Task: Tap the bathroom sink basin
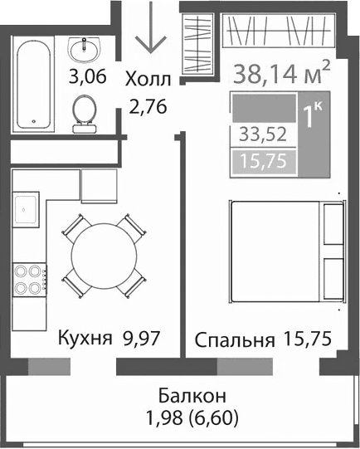click(x=84, y=51)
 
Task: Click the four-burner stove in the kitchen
click(x=27, y=278)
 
